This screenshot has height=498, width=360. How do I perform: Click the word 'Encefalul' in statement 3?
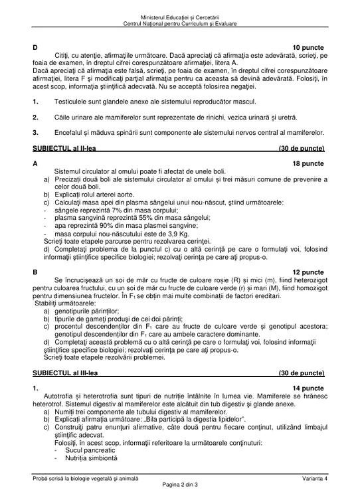pyautogui.click(x=69, y=133)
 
